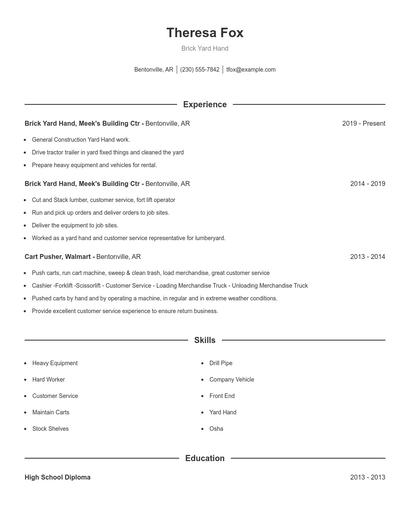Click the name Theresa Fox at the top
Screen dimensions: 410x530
pos(204,32)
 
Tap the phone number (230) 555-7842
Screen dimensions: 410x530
pos(199,70)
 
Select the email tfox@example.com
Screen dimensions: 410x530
pos(250,70)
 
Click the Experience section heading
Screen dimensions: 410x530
pos(204,104)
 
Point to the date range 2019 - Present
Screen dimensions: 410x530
pos(363,123)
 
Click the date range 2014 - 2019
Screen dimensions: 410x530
pos(367,184)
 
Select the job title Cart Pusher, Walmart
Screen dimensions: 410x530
pos(58,257)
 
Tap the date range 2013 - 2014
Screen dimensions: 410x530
pos(367,257)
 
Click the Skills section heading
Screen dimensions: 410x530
pos(204,340)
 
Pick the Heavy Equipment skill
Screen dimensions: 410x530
pos(55,363)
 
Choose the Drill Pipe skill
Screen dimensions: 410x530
pos(220,363)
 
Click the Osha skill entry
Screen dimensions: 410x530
pos(216,428)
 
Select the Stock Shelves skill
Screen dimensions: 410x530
pos(51,428)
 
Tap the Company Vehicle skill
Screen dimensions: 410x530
pos(231,379)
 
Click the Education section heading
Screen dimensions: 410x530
pos(204,458)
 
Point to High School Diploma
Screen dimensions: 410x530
pos(57,478)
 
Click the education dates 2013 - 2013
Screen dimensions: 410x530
pos(367,478)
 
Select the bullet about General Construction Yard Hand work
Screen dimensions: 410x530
pos(81,139)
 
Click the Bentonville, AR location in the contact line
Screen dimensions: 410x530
pos(154,70)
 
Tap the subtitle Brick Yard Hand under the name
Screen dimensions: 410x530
pos(204,48)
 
